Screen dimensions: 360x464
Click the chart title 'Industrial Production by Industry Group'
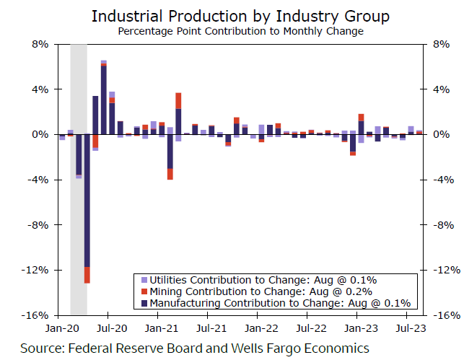232,15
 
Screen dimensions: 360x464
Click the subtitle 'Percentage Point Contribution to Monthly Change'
232,31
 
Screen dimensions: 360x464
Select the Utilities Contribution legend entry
259,280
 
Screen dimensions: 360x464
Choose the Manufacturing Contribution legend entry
275,304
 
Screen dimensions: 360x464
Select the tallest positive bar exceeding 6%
104,97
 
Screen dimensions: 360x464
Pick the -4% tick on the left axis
38,180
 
